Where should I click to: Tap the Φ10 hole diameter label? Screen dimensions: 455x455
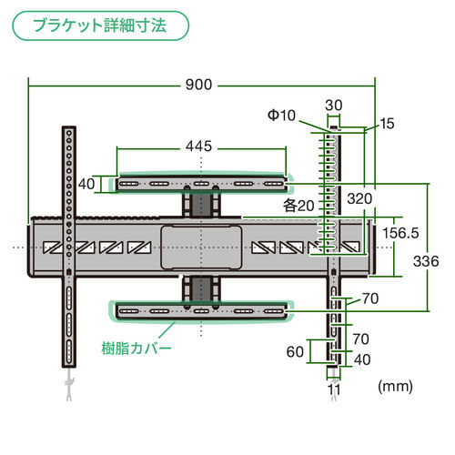click(281, 116)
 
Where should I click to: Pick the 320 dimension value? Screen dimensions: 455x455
click(359, 196)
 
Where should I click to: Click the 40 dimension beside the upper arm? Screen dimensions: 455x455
click(87, 184)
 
